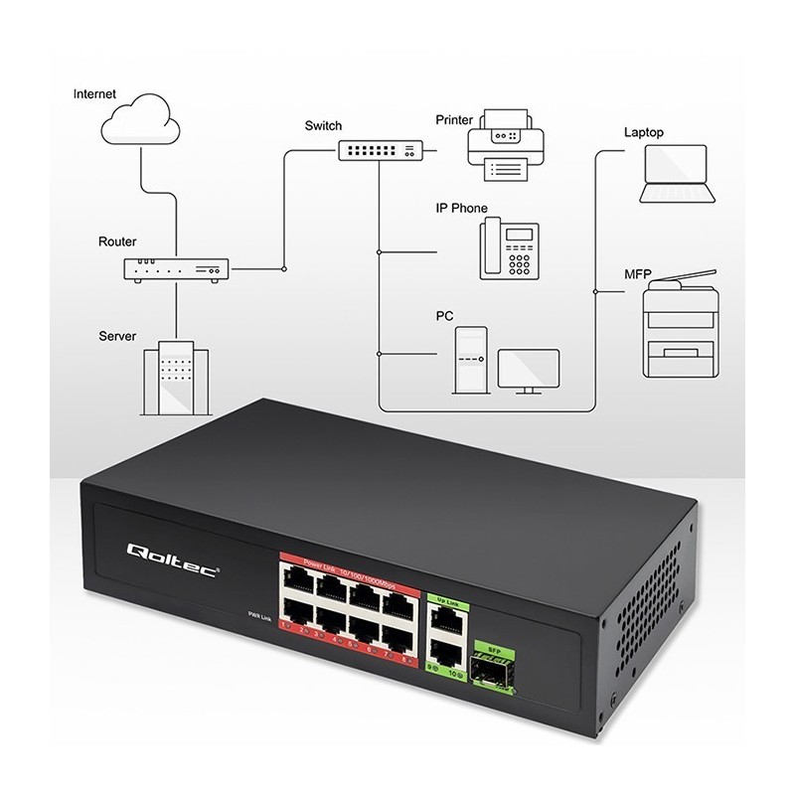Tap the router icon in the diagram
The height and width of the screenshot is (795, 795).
tap(176, 267)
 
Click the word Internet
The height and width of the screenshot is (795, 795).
tap(95, 94)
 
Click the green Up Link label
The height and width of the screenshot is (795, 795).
tap(447, 600)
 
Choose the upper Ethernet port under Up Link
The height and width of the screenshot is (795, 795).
tap(448, 620)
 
